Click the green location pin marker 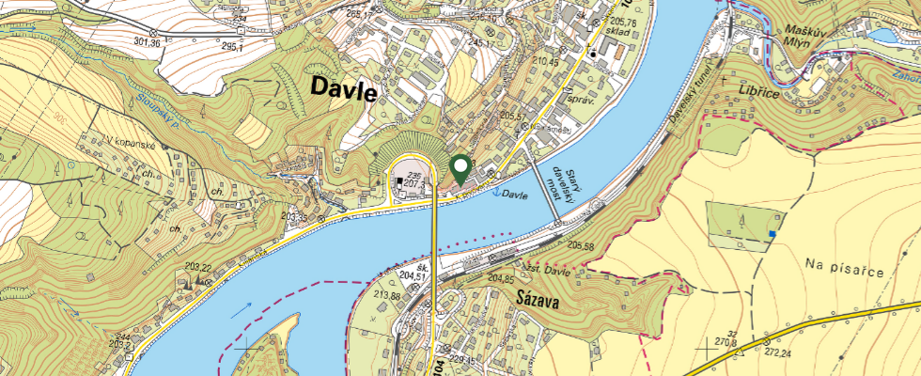tap(460, 169)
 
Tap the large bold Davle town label tap(342, 91)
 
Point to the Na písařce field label tap(846, 270)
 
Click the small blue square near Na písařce tap(773, 233)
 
